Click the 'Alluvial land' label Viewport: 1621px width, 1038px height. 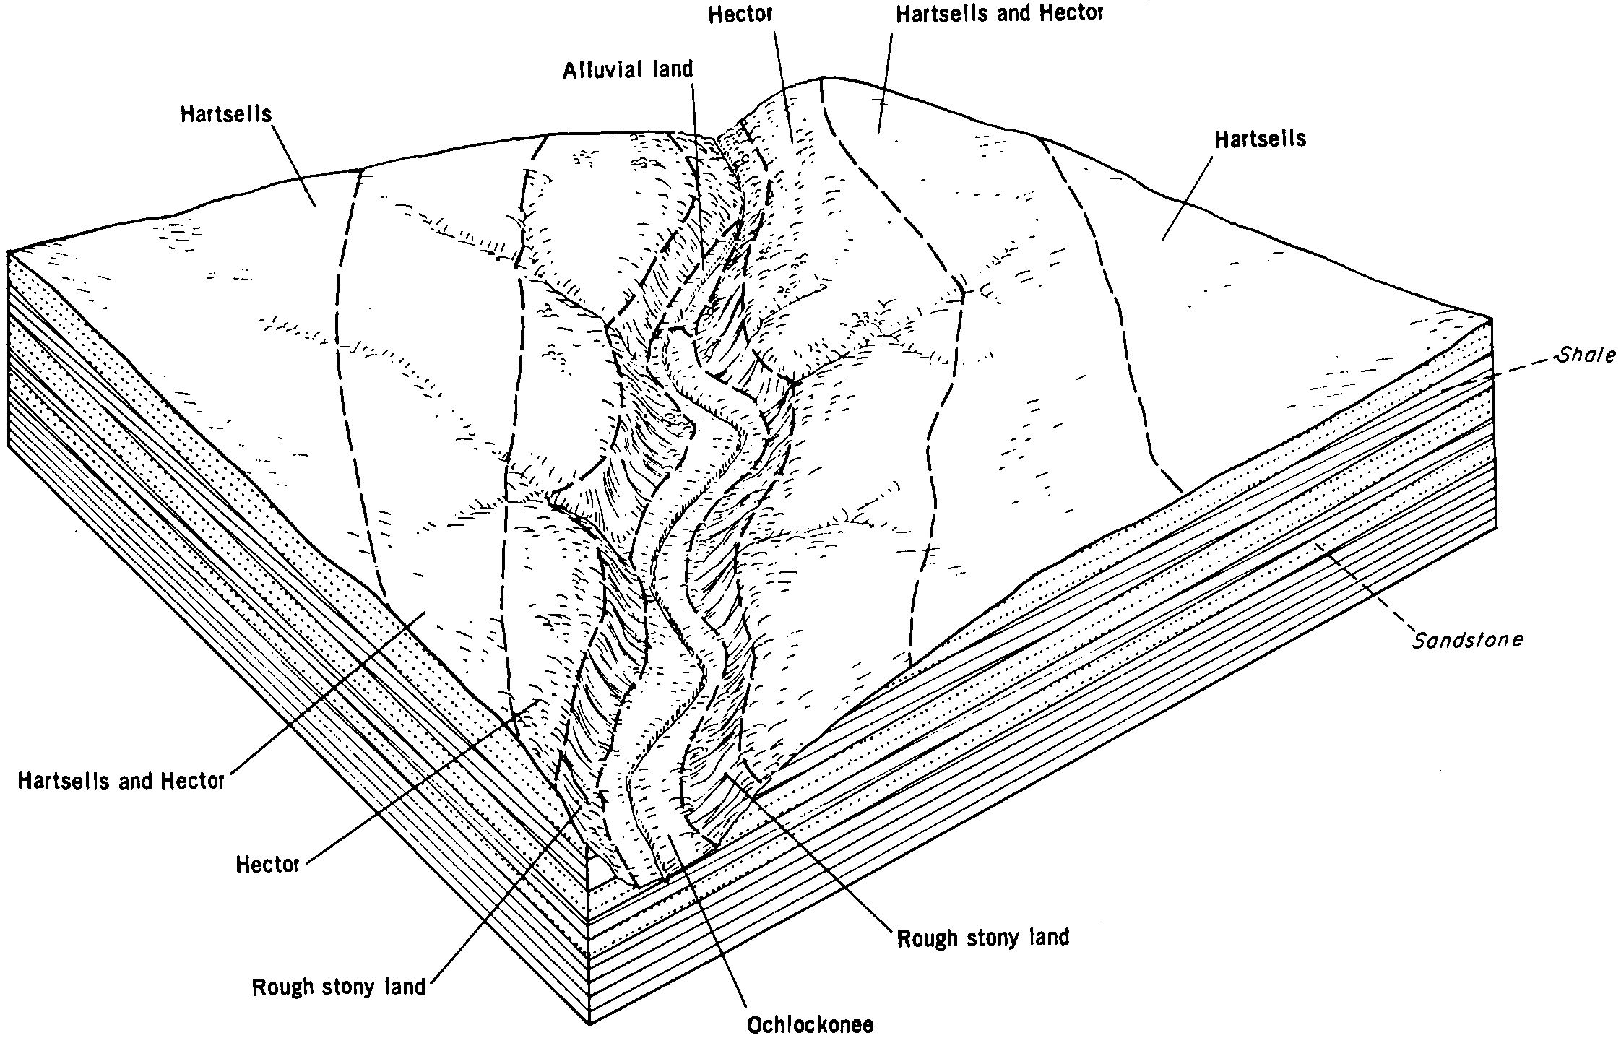[x=628, y=69]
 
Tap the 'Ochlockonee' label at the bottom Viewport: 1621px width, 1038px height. [x=810, y=1024]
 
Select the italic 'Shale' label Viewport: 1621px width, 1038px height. [x=1586, y=355]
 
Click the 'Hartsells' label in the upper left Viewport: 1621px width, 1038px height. [x=226, y=114]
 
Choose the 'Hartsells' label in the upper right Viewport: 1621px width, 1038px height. [x=1261, y=139]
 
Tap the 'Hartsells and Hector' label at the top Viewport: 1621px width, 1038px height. [x=1000, y=14]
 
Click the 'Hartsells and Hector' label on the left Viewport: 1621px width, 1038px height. [x=121, y=781]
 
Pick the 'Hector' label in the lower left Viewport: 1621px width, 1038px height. [x=267, y=864]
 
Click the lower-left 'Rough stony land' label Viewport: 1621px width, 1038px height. [x=339, y=987]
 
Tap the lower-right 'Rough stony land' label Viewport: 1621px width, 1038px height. [x=982, y=938]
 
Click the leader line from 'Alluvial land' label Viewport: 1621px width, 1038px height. [x=698, y=173]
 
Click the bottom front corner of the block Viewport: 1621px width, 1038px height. [x=590, y=1022]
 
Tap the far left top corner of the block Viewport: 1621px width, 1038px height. [x=9, y=252]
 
